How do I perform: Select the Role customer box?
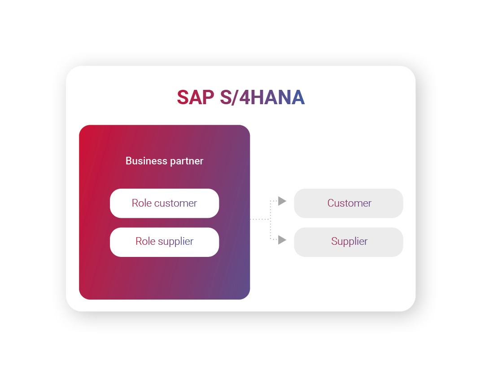tap(164, 203)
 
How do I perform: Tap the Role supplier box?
tap(164, 242)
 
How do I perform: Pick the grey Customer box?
tap(349, 203)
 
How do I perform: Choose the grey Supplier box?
tap(349, 242)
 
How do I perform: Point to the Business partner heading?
tap(164, 161)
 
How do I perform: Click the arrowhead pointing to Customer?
tap(282, 201)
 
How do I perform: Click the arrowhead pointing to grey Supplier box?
tap(282, 240)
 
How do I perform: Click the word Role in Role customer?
tap(141, 203)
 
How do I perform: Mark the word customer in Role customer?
tap(175, 203)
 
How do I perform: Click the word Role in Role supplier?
tap(145, 242)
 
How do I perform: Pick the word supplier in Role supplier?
tap(175, 242)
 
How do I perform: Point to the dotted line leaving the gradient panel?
tap(259, 219)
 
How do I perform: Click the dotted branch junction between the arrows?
tap(270, 219)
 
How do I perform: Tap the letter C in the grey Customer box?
tap(331, 203)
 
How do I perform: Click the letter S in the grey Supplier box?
tap(334, 242)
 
